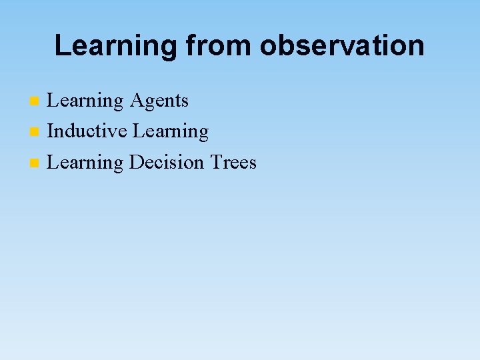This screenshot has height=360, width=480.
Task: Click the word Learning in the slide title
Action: (115, 46)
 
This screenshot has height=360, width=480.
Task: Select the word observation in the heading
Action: (342, 46)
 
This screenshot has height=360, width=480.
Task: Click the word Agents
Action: (159, 101)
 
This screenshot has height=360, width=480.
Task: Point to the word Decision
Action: (167, 162)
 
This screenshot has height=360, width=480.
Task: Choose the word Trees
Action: (233, 162)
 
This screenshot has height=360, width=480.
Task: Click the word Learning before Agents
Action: (85, 101)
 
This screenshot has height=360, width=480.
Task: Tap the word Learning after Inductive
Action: (171, 131)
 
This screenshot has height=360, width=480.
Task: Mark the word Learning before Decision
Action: (85, 162)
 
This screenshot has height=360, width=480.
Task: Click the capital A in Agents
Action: (136, 101)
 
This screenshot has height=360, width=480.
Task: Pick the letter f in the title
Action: (189, 46)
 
